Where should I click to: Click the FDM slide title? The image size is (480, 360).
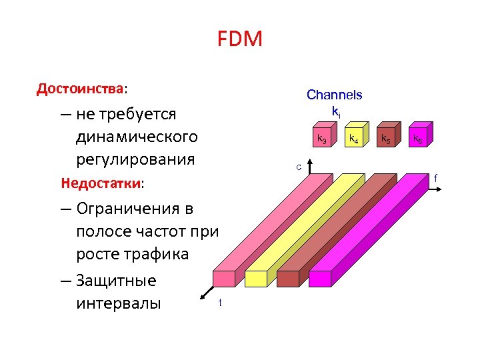coord(240,40)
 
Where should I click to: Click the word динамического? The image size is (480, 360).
coord(137,137)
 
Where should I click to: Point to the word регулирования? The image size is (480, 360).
coord(136,160)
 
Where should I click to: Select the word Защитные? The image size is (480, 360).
coord(117,280)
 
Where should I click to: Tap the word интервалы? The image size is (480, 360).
coord(119,304)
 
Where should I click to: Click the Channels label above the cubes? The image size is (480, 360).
coord(334,95)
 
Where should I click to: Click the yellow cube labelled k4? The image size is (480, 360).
coord(353,137)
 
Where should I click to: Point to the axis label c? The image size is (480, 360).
coord(299,166)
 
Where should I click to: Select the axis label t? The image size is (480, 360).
coord(220,304)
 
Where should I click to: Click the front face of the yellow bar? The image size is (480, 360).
coord(255,279)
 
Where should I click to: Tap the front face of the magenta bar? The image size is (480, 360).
coord(320,279)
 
